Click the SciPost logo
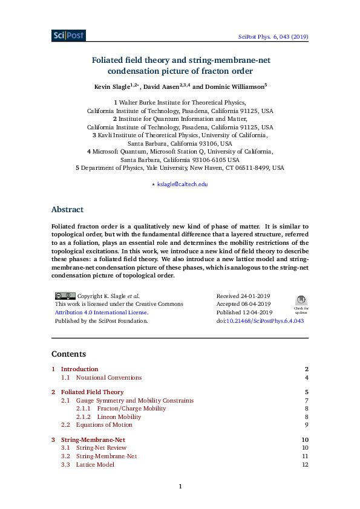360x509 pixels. point(68,36)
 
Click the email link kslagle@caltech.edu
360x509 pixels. point(182,184)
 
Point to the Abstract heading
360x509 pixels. point(67,210)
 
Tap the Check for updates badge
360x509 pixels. point(301,303)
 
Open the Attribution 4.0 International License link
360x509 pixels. point(101,313)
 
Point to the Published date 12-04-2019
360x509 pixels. point(244,313)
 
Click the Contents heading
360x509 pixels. point(68,354)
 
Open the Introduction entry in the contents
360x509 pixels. point(79,369)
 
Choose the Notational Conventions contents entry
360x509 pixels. point(109,378)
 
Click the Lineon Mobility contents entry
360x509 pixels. point(119,417)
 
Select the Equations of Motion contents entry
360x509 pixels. point(104,425)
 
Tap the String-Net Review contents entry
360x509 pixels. point(101,448)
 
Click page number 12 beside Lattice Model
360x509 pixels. point(305,465)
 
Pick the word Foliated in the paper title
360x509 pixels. point(109,60)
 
